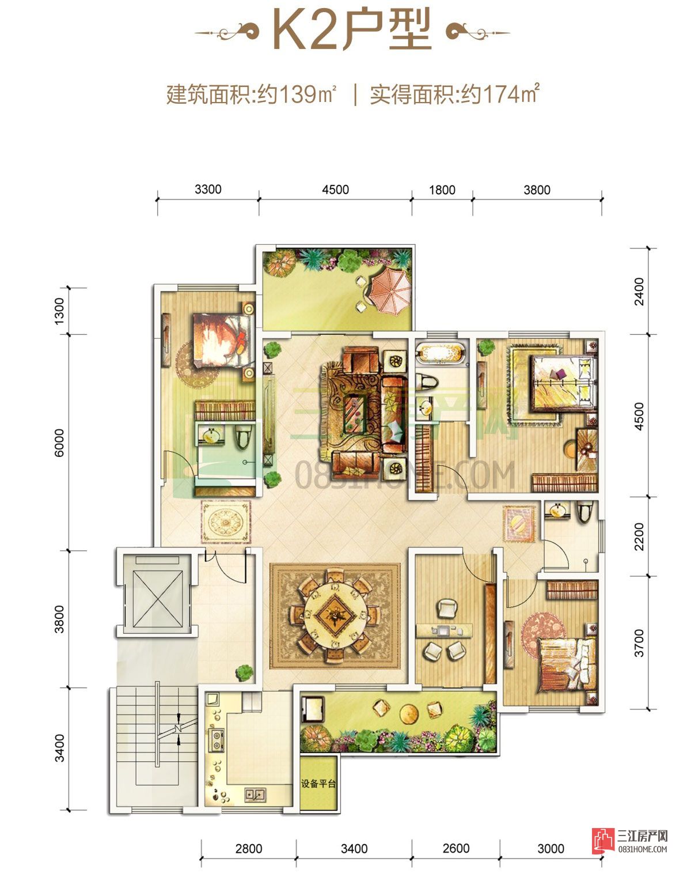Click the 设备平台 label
318,783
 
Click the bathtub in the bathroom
442,353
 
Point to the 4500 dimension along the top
335,190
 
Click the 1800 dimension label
442,190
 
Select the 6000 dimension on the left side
59,443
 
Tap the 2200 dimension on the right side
639,536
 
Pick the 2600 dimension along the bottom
456,848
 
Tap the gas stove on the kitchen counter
217,740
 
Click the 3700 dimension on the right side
639,644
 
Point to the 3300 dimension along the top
208,190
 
